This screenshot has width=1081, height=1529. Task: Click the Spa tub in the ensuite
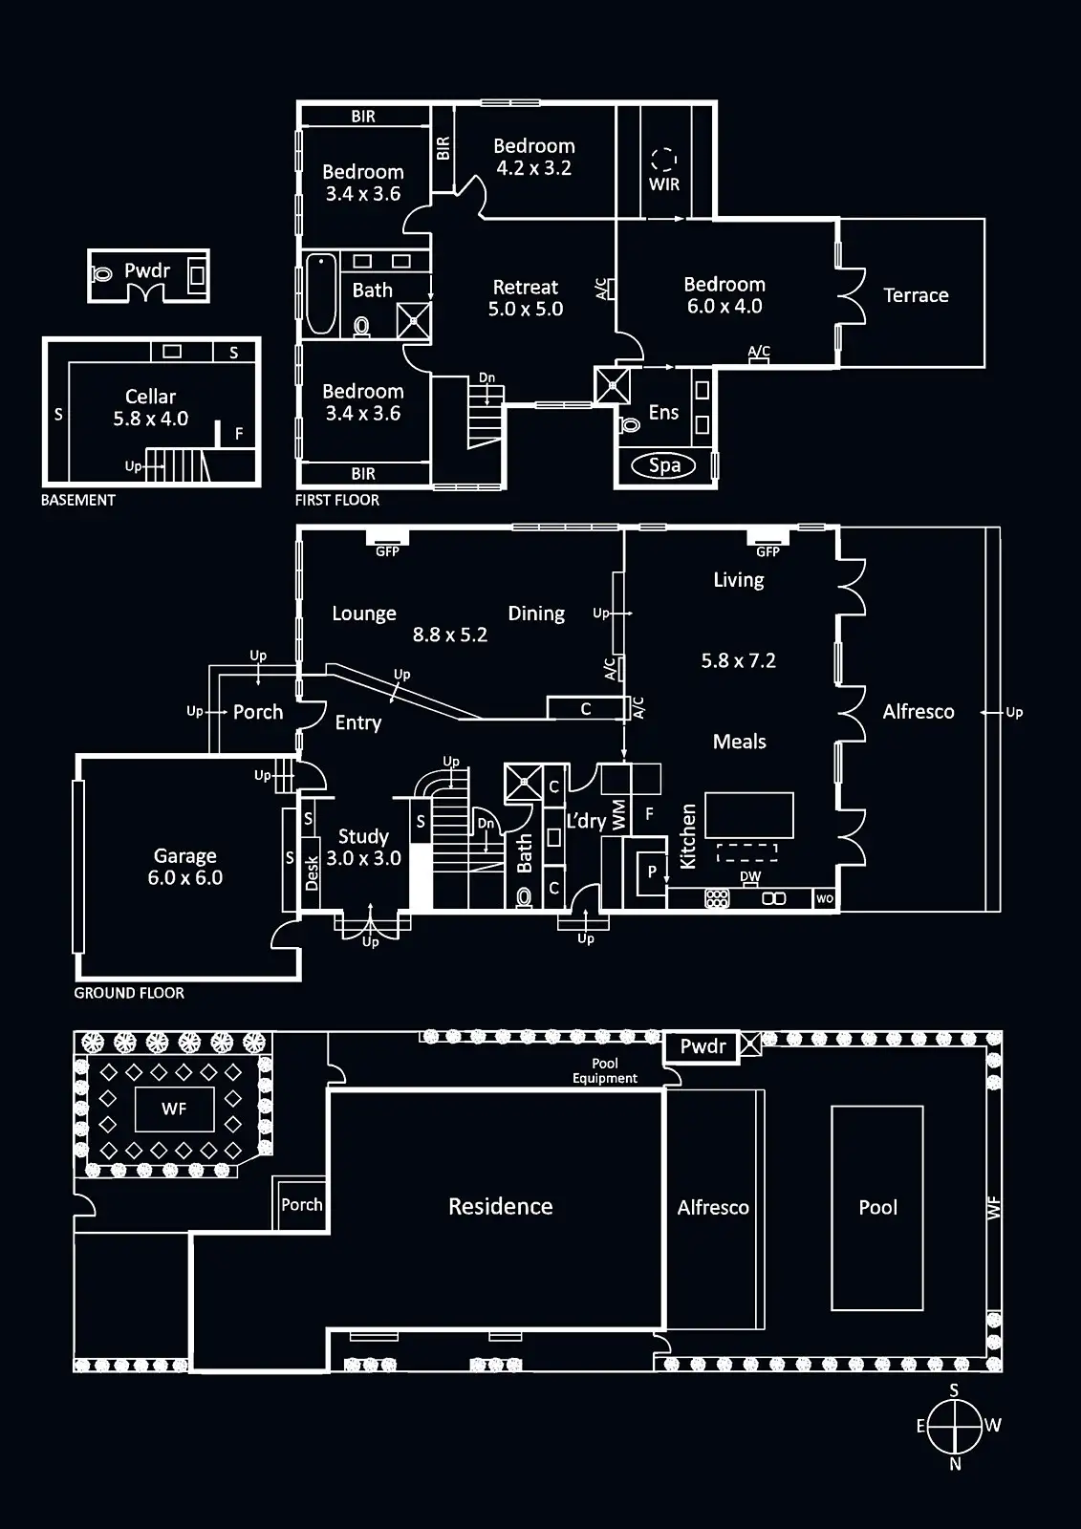(x=665, y=466)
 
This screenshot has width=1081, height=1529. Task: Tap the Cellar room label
(x=151, y=407)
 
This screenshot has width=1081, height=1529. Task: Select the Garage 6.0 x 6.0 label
(x=185, y=867)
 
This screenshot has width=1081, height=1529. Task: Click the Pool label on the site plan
(x=877, y=1207)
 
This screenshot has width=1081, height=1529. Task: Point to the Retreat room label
(x=525, y=297)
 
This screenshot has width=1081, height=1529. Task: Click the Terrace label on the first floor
(x=916, y=295)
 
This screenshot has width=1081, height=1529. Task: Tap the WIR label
(x=664, y=184)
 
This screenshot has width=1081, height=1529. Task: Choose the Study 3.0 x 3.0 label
(x=363, y=848)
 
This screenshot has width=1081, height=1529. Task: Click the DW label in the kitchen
(x=750, y=876)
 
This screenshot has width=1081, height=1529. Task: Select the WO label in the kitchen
(x=825, y=899)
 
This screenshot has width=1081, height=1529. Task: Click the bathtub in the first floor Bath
(x=319, y=293)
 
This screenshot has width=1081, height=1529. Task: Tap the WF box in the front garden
(x=174, y=1109)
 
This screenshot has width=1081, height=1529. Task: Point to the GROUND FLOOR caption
(x=129, y=993)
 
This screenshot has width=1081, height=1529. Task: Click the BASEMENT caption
(x=78, y=500)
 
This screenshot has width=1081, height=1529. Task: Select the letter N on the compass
(x=955, y=1463)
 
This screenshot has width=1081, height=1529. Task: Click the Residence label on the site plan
(x=501, y=1207)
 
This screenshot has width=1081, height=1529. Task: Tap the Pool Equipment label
(x=605, y=1070)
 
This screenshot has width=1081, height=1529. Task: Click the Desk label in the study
(x=312, y=872)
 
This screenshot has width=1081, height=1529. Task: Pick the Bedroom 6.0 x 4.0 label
(x=724, y=295)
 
